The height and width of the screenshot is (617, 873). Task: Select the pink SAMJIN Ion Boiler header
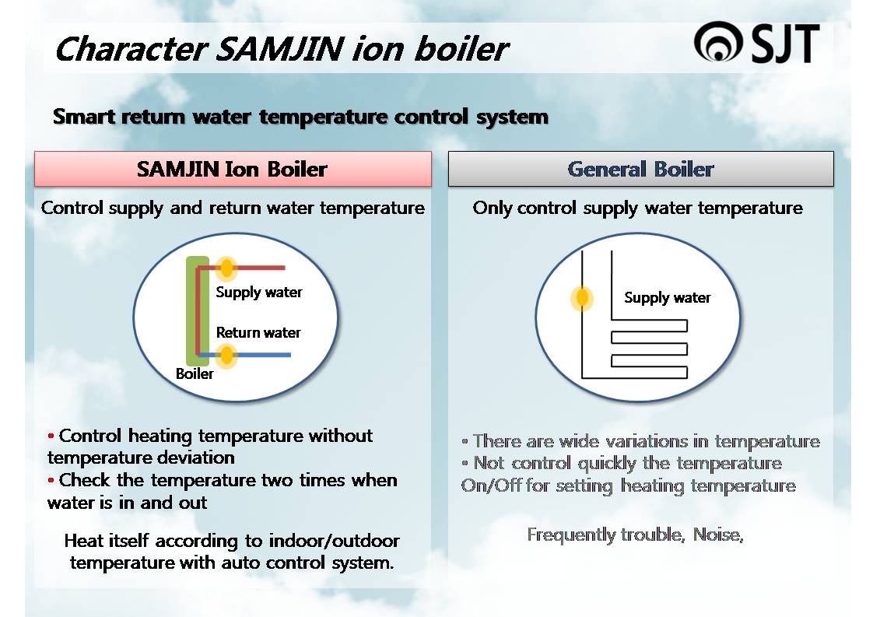[x=233, y=169]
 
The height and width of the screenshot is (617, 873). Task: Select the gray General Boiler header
[x=640, y=169]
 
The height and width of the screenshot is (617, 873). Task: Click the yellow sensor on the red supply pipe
[x=226, y=268]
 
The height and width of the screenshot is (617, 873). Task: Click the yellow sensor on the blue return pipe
[x=226, y=356]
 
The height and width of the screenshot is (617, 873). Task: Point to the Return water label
[x=258, y=332]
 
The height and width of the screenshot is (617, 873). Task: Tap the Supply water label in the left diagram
[x=258, y=292]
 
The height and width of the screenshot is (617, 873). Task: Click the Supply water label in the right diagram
[x=667, y=297]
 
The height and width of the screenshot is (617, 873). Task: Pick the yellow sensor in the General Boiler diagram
[x=581, y=299]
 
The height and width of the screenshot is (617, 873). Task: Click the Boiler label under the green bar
[x=195, y=374]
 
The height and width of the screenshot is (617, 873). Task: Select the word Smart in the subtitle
[x=84, y=117]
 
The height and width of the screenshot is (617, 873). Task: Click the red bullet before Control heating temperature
[x=51, y=436]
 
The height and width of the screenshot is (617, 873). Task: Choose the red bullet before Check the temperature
[x=51, y=480]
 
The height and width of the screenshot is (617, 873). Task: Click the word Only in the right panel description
[x=493, y=208]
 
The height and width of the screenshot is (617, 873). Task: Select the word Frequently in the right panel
[x=571, y=535]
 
